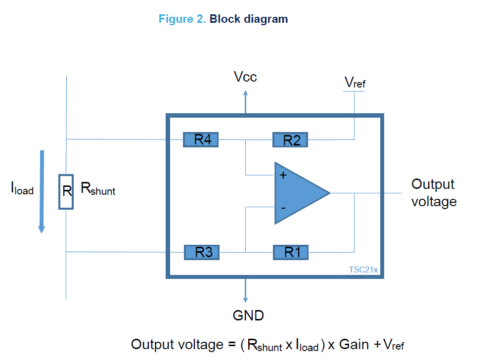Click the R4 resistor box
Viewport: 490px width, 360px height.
[201, 139]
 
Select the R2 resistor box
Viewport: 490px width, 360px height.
[290, 140]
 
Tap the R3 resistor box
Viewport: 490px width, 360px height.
[202, 252]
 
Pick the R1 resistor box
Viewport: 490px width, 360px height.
[291, 253]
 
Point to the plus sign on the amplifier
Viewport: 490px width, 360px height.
[283, 175]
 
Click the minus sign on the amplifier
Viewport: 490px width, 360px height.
[283, 208]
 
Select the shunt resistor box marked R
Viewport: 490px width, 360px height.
[66, 191]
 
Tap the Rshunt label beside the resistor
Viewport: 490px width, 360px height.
[98, 189]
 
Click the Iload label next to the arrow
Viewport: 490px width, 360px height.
[22, 188]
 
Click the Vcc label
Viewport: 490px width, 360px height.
[245, 77]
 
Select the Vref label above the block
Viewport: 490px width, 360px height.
[355, 83]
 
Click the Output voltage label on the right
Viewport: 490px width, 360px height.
[434, 193]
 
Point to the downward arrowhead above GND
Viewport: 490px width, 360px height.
[245, 299]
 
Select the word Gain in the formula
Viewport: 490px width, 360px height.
[354, 344]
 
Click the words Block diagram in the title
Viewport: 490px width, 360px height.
[248, 19]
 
